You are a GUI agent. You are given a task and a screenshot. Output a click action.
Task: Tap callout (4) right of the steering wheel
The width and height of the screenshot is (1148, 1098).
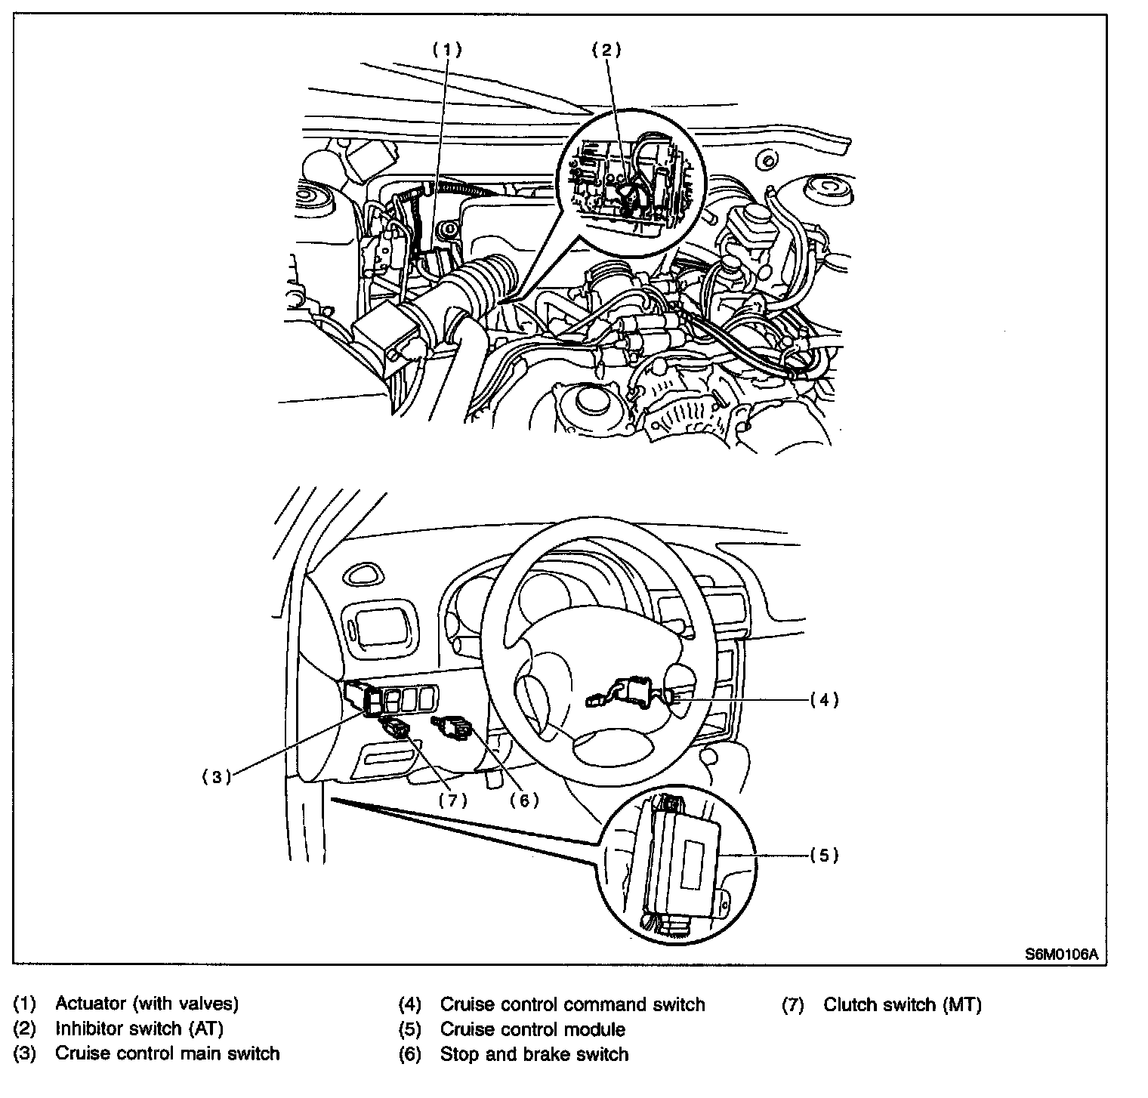click(x=824, y=700)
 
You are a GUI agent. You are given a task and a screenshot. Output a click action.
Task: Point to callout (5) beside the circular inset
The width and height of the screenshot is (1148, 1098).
click(x=824, y=855)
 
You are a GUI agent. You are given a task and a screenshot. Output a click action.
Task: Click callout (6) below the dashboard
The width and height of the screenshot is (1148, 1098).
click(x=523, y=800)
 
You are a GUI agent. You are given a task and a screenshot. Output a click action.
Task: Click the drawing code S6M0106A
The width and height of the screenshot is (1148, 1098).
click(x=1060, y=954)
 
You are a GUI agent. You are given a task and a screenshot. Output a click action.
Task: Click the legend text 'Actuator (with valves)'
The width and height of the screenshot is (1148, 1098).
click(x=147, y=1004)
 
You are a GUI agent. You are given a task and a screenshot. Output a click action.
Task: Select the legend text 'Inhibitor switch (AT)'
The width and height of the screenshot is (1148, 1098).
click(x=139, y=1029)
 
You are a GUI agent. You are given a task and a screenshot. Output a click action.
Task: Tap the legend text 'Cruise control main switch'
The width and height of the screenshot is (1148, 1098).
click(x=167, y=1053)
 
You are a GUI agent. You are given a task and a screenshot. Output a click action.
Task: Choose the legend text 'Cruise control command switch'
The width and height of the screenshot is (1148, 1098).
click(x=572, y=1004)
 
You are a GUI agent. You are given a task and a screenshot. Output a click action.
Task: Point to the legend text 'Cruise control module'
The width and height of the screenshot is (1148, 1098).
click(x=532, y=1029)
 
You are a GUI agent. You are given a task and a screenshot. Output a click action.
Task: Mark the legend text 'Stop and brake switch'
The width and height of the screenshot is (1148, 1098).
click(x=534, y=1054)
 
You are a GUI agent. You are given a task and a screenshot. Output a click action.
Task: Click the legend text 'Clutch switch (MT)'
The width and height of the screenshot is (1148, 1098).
click(x=902, y=1004)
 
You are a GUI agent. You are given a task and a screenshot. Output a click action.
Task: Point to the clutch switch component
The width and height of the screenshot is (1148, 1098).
click(x=398, y=729)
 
